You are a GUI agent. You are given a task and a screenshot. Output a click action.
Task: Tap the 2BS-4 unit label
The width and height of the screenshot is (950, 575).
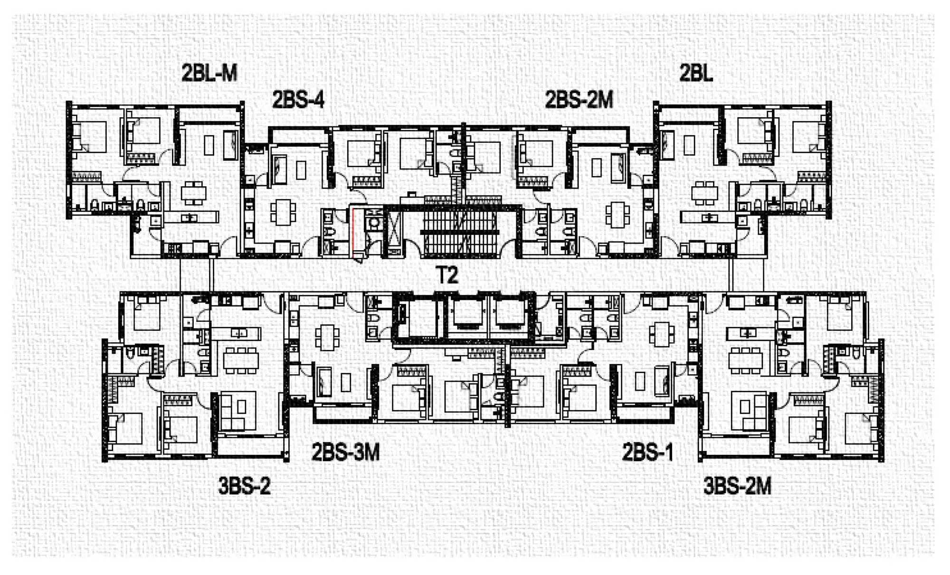click(298, 100)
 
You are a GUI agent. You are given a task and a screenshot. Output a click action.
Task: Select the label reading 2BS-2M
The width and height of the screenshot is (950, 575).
click(579, 100)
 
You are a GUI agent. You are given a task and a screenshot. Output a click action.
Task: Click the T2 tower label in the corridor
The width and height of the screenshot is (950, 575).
click(447, 275)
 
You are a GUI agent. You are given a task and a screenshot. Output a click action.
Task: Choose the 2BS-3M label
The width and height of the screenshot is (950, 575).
click(345, 452)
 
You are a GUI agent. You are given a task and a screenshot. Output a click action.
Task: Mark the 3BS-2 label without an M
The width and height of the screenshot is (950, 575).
click(244, 486)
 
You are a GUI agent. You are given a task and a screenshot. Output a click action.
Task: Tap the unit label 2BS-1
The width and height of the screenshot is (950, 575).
click(648, 452)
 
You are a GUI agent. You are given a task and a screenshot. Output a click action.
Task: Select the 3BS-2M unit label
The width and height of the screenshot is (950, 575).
click(737, 486)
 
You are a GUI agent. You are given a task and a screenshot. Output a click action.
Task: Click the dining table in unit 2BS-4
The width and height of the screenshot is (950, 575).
click(283, 212)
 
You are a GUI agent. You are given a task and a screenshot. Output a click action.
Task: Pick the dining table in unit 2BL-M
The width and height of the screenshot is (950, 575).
click(194, 193)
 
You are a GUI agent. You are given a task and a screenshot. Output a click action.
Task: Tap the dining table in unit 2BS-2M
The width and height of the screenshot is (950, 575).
click(617, 215)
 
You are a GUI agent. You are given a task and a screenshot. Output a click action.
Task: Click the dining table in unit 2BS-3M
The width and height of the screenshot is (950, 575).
click(328, 337)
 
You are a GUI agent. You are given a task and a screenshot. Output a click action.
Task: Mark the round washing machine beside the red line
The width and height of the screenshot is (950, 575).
click(374, 223)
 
